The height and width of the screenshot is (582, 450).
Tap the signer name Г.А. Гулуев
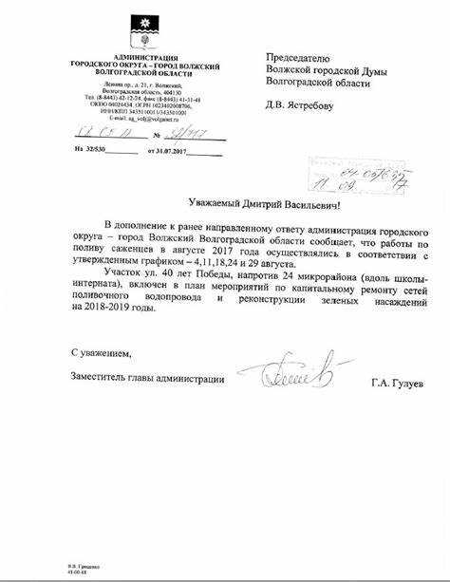[x=399, y=383]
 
